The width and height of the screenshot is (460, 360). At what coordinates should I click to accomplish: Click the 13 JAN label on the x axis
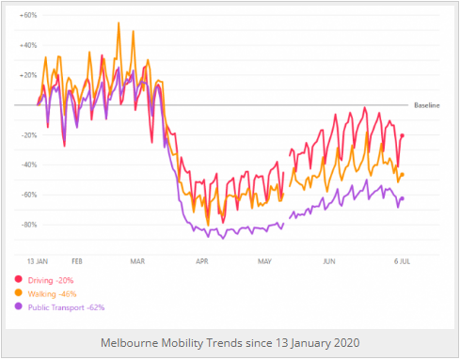tap(38, 258)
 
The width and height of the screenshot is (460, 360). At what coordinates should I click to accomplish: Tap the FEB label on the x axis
tap(77, 258)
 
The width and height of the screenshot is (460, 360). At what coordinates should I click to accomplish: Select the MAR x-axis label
tap(137, 258)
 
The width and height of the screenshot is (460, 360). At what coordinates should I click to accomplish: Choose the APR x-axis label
tap(201, 258)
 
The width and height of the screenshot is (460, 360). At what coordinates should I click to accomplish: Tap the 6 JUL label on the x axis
tap(400, 258)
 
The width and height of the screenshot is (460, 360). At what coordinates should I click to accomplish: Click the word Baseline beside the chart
tap(427, 105)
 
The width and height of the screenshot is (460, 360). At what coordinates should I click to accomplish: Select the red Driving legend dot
tap(19, 280)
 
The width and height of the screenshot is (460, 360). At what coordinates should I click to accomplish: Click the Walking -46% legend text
tap(54, 293)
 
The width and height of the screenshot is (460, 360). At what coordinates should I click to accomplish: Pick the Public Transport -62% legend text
tap(67, 306)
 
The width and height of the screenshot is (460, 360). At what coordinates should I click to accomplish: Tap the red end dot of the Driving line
tap(403, 135)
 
